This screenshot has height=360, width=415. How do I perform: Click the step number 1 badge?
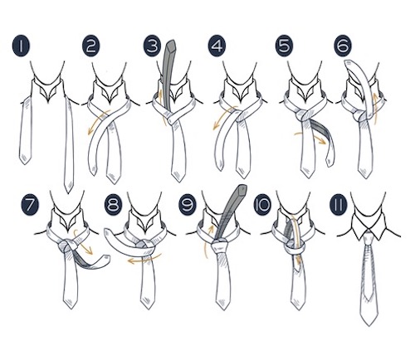tap(21, 46)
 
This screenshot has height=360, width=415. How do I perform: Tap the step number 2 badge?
tap(91, 46)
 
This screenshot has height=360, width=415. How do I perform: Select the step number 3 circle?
tap(152, 46)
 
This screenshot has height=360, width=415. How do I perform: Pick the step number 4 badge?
tap(217, 46)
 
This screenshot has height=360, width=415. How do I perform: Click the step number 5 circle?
tap(284, 46)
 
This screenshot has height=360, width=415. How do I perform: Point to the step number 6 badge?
tap(343, 46)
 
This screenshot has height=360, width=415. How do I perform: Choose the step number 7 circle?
tap(30, 205)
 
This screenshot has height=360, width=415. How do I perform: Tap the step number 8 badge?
tap(114, 205)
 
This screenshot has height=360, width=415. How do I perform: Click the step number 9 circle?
tap(188, 205)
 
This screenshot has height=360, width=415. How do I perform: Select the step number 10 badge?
tap(263, 205)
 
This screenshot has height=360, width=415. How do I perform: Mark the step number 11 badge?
tap(339, 205)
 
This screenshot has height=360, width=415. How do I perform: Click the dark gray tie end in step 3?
tap(168, 75)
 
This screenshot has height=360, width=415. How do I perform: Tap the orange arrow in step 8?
tap(144, 260)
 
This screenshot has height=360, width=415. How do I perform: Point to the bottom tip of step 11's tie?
tap(369, 326)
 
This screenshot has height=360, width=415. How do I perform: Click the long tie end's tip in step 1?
tap(68, 192)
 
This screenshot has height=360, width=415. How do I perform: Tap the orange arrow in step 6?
tap(375, 108)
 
